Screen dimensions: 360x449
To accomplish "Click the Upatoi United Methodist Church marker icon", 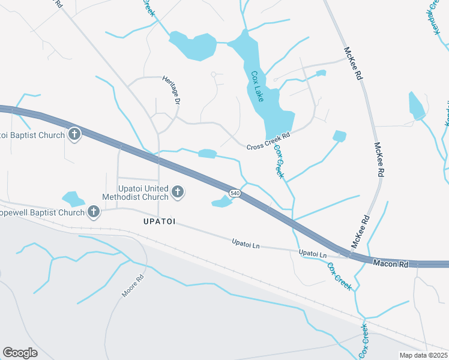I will (x=178, y=192).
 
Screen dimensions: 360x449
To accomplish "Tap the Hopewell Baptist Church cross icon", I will (x=93, y=211).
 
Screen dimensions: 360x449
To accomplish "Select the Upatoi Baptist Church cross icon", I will (x=74, y=134).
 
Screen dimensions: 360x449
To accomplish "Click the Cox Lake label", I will (x=257, y=86).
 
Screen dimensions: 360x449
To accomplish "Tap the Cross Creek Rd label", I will (x=268, y=142).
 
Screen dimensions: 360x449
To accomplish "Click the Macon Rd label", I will (x=390, y=263).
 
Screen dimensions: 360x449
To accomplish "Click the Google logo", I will (x=20, y=353).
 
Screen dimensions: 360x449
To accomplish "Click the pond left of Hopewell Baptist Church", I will (x=73, y=199).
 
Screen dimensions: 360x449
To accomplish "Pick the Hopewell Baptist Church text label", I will (x=42, y=212).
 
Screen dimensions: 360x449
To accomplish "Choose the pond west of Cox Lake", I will (x=193, y=46).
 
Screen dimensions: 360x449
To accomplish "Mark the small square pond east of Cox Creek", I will (x=340, y=136).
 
